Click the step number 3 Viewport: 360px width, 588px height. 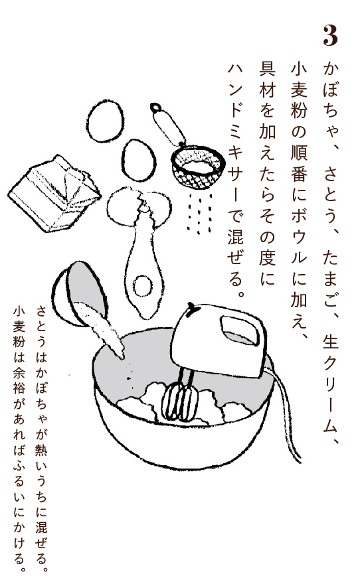[x=330, y=36]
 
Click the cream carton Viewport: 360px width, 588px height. [x=54, y=192]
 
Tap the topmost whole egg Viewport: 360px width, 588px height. [x=105, y=121]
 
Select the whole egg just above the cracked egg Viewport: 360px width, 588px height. [x=139, y=160]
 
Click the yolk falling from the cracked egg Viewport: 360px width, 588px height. [x=143, y=286]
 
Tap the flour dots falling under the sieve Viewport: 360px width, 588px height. [x=199, y=212]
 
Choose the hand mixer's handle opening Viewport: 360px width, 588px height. [x=240, y=330]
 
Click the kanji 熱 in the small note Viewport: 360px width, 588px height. [x=41, y=448]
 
